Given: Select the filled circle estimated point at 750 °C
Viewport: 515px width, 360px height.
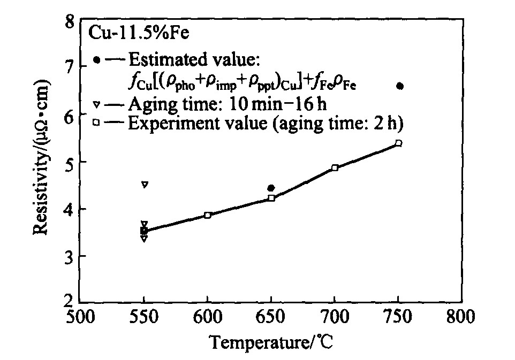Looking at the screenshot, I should point(400,86).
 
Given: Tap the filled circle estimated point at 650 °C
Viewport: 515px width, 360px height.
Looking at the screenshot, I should point(271,188).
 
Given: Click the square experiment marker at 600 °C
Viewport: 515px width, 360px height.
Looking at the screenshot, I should point(208,215).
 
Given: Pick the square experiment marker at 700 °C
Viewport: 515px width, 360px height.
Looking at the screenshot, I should point(335,168).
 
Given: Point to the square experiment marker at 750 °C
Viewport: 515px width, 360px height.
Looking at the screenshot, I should point(398,143).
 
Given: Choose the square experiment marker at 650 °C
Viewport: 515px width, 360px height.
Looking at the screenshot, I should point(271,198).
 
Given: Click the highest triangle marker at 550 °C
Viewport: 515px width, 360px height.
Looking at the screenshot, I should point(145,185).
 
